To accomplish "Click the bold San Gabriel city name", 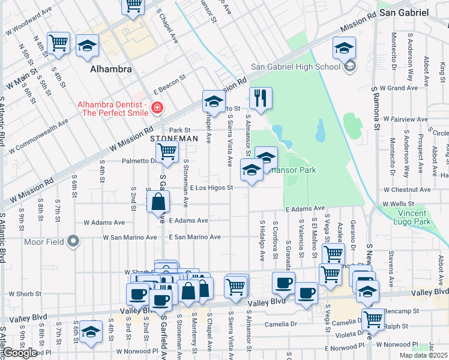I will pos(404,12).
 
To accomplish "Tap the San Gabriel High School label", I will pos(295,67).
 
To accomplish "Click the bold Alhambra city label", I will pos(110,69).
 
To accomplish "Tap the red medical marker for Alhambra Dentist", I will pos(157,108).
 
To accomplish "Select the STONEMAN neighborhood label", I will pos(173,138).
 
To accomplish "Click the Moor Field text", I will pos(44,242).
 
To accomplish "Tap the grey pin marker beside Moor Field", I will pos(73,242).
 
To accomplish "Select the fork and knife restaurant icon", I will pos(260,98).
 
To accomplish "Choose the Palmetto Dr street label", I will pos(138,160).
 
